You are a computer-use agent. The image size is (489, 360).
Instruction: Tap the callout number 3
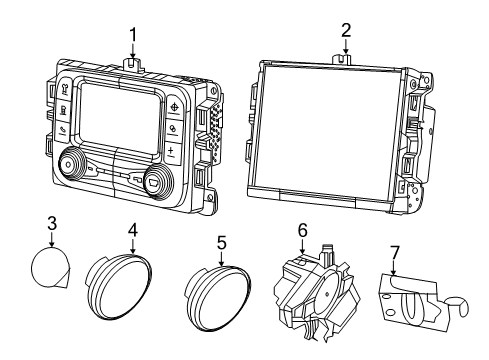pos(52,223)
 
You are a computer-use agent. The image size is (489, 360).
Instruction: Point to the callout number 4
pos(131,229)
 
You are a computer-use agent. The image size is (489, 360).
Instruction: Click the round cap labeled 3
pos(49,269)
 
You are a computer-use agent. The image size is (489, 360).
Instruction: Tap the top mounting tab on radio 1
pos(132,62)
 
